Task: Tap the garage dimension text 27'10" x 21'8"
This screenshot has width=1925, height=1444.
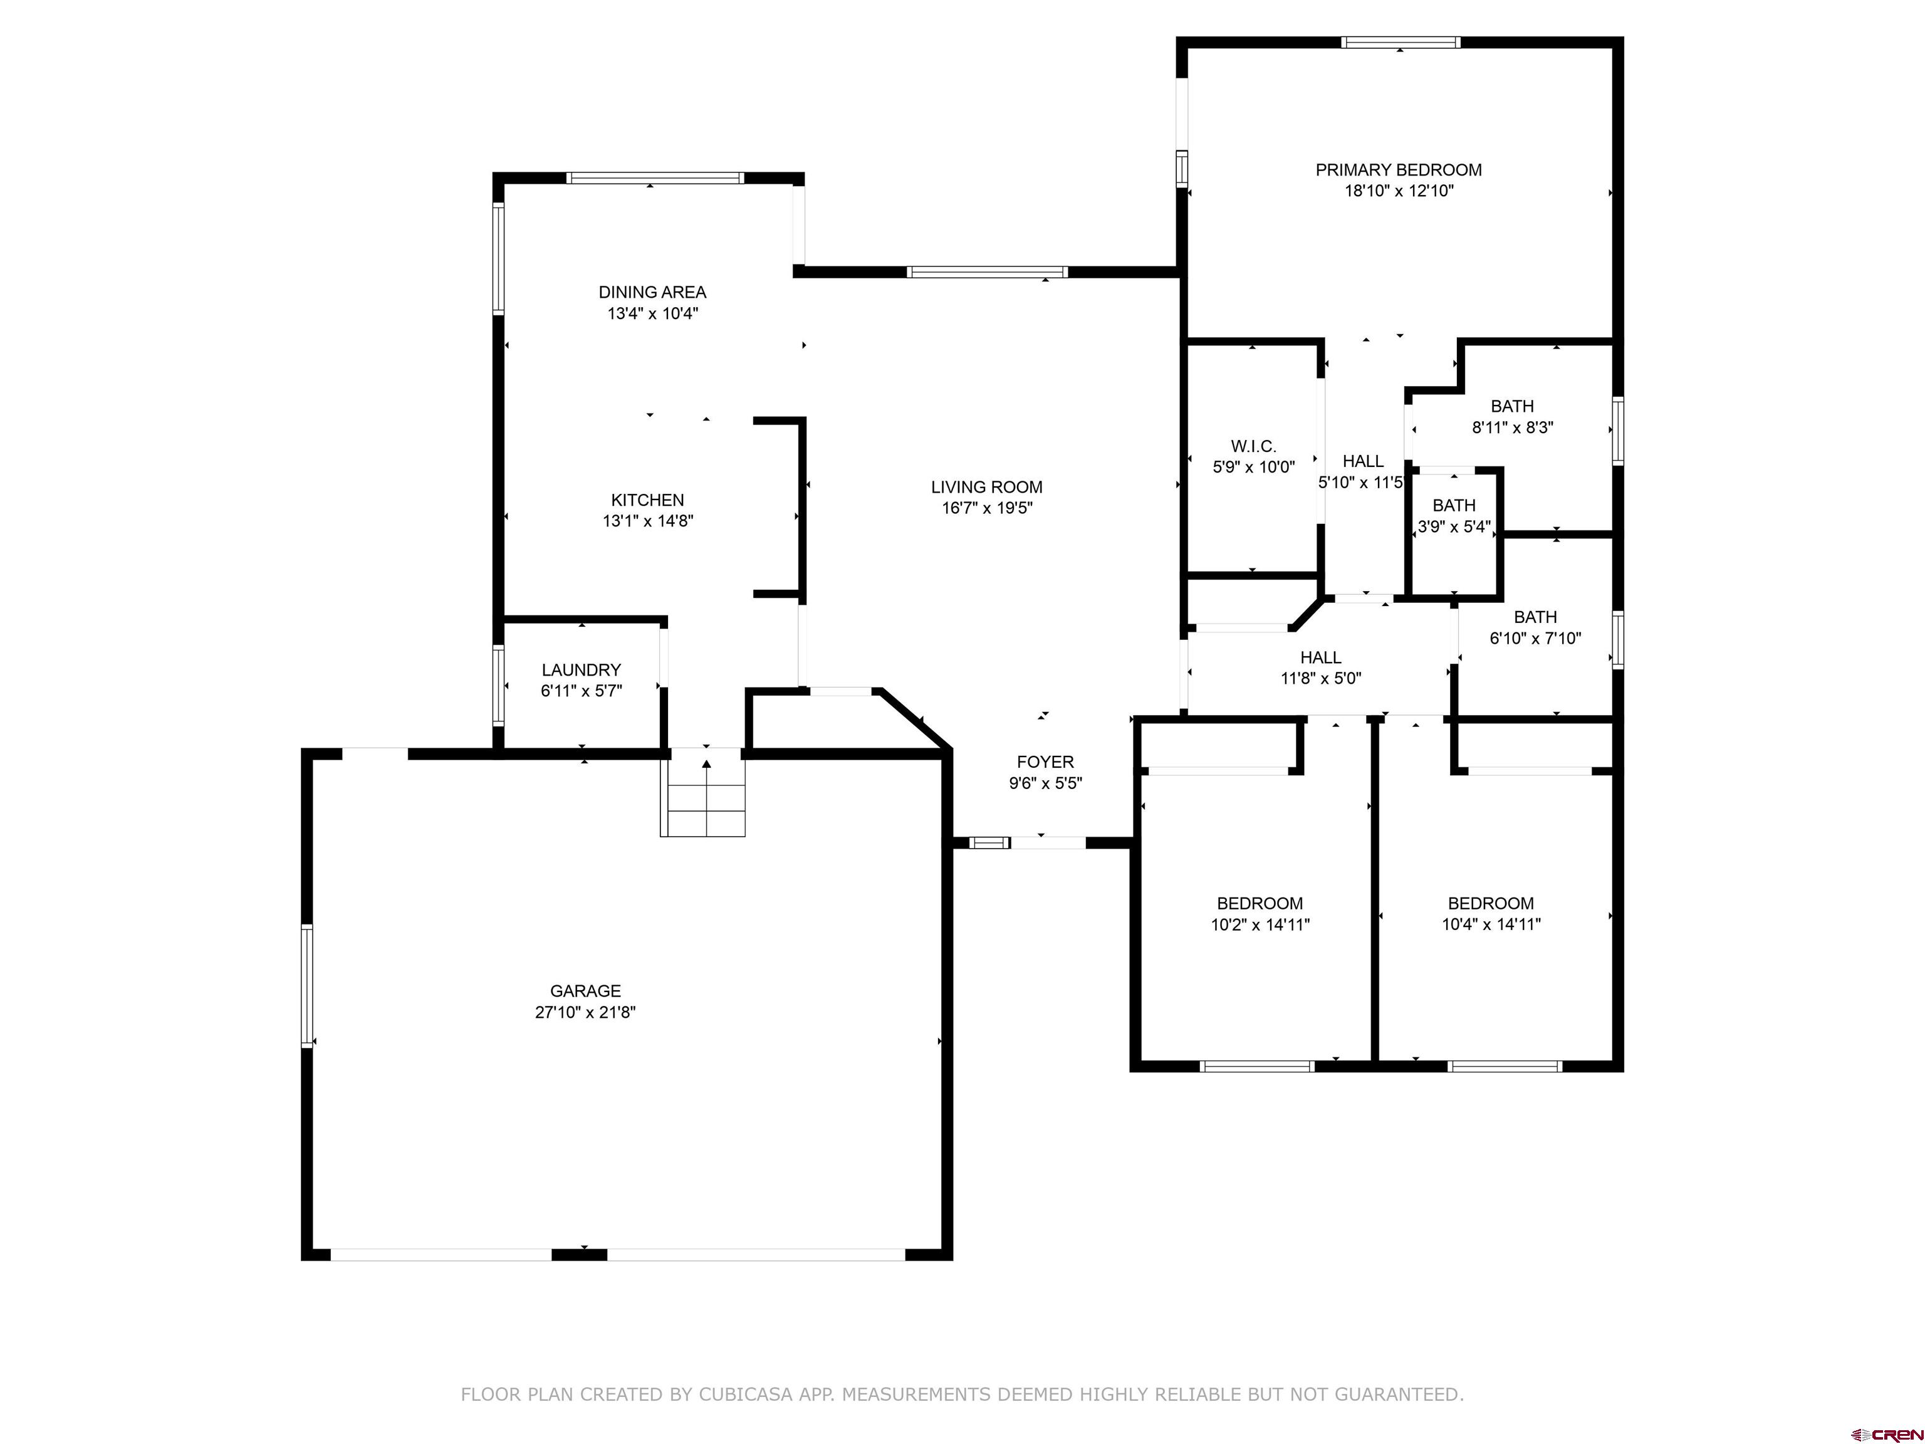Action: (x=585, y=1012)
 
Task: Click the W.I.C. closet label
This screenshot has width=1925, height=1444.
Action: (x=1253, y=446)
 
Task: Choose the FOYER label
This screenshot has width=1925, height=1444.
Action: (x=1045, y=761)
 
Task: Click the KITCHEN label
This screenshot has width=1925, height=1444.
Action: (x=647, y=500)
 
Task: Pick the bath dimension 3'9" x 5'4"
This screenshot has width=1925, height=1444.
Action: (x=1453, y=526)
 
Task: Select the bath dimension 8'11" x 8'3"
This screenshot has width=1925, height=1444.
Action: (x=1511, y=427)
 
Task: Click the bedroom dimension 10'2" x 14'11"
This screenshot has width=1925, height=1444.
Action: (x=1260, y=924)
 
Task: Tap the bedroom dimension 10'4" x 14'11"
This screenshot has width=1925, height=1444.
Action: (x=1490, y=924)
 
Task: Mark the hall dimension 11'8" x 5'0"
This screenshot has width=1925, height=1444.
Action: (x=1320, y=679)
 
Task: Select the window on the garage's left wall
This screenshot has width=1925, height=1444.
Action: (x=306, y=985)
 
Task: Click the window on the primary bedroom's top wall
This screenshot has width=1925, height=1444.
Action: (x=1399, y=42)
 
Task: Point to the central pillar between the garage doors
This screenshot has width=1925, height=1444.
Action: (x=579, y=1254)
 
